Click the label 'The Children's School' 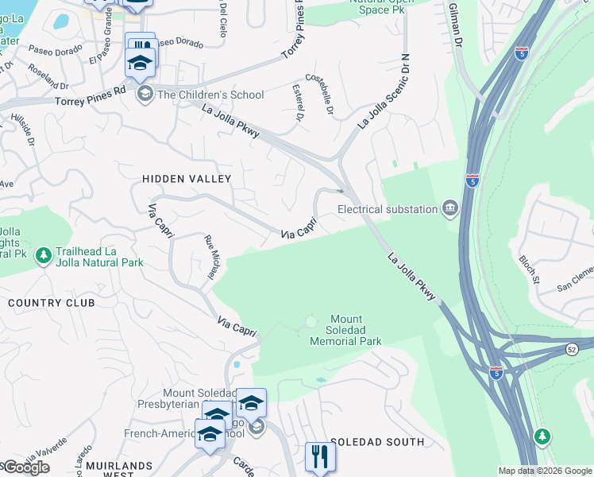[210, 95]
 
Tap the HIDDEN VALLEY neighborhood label [186, 180]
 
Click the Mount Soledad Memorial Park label [345, 330]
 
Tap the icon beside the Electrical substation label [450, 209]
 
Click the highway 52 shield [572, 348]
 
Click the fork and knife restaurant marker [320, 456]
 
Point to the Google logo [26, 467]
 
